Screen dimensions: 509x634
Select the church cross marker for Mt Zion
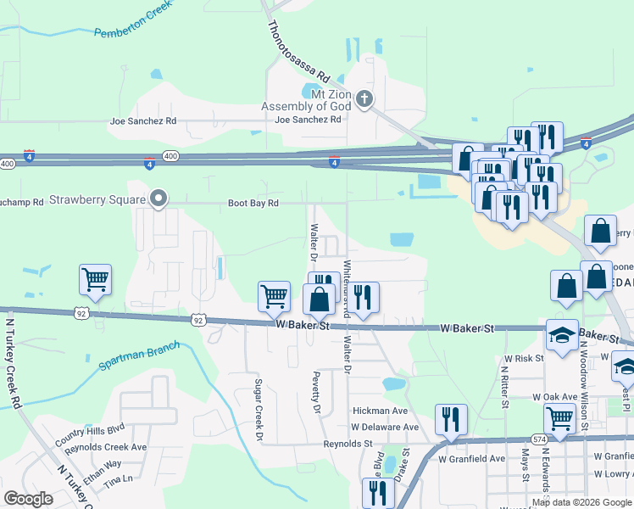tap(364, 99)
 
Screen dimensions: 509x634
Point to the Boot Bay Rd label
tap(253, 204)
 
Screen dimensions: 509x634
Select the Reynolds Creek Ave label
tap(105, 447)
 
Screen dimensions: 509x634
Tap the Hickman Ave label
tap(381, 411)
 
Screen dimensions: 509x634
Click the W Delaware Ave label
tap(385, 427)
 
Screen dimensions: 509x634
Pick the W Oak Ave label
tap(554, 397)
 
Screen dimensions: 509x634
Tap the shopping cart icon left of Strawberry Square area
tap(95, 279)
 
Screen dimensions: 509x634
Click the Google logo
tap(29, 499)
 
